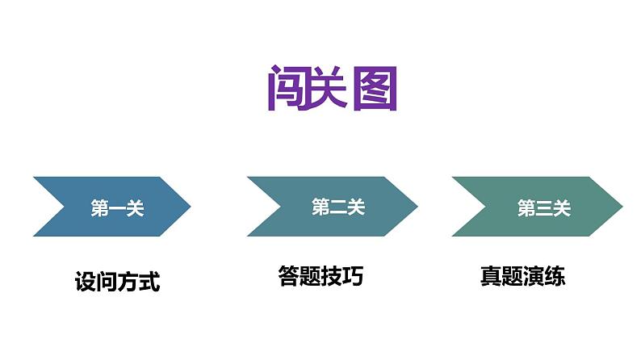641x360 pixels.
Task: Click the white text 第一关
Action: click(117, 209)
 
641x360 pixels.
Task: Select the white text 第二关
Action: click(338, 207)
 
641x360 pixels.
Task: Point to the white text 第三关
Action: click(543, 209)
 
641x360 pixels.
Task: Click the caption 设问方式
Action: click(117, 283)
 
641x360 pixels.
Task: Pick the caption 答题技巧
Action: click(320, 277)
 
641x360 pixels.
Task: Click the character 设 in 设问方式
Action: click(85, 283)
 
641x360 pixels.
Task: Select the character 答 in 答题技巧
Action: click(288, 277)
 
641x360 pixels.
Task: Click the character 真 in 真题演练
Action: click(490, 277)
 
